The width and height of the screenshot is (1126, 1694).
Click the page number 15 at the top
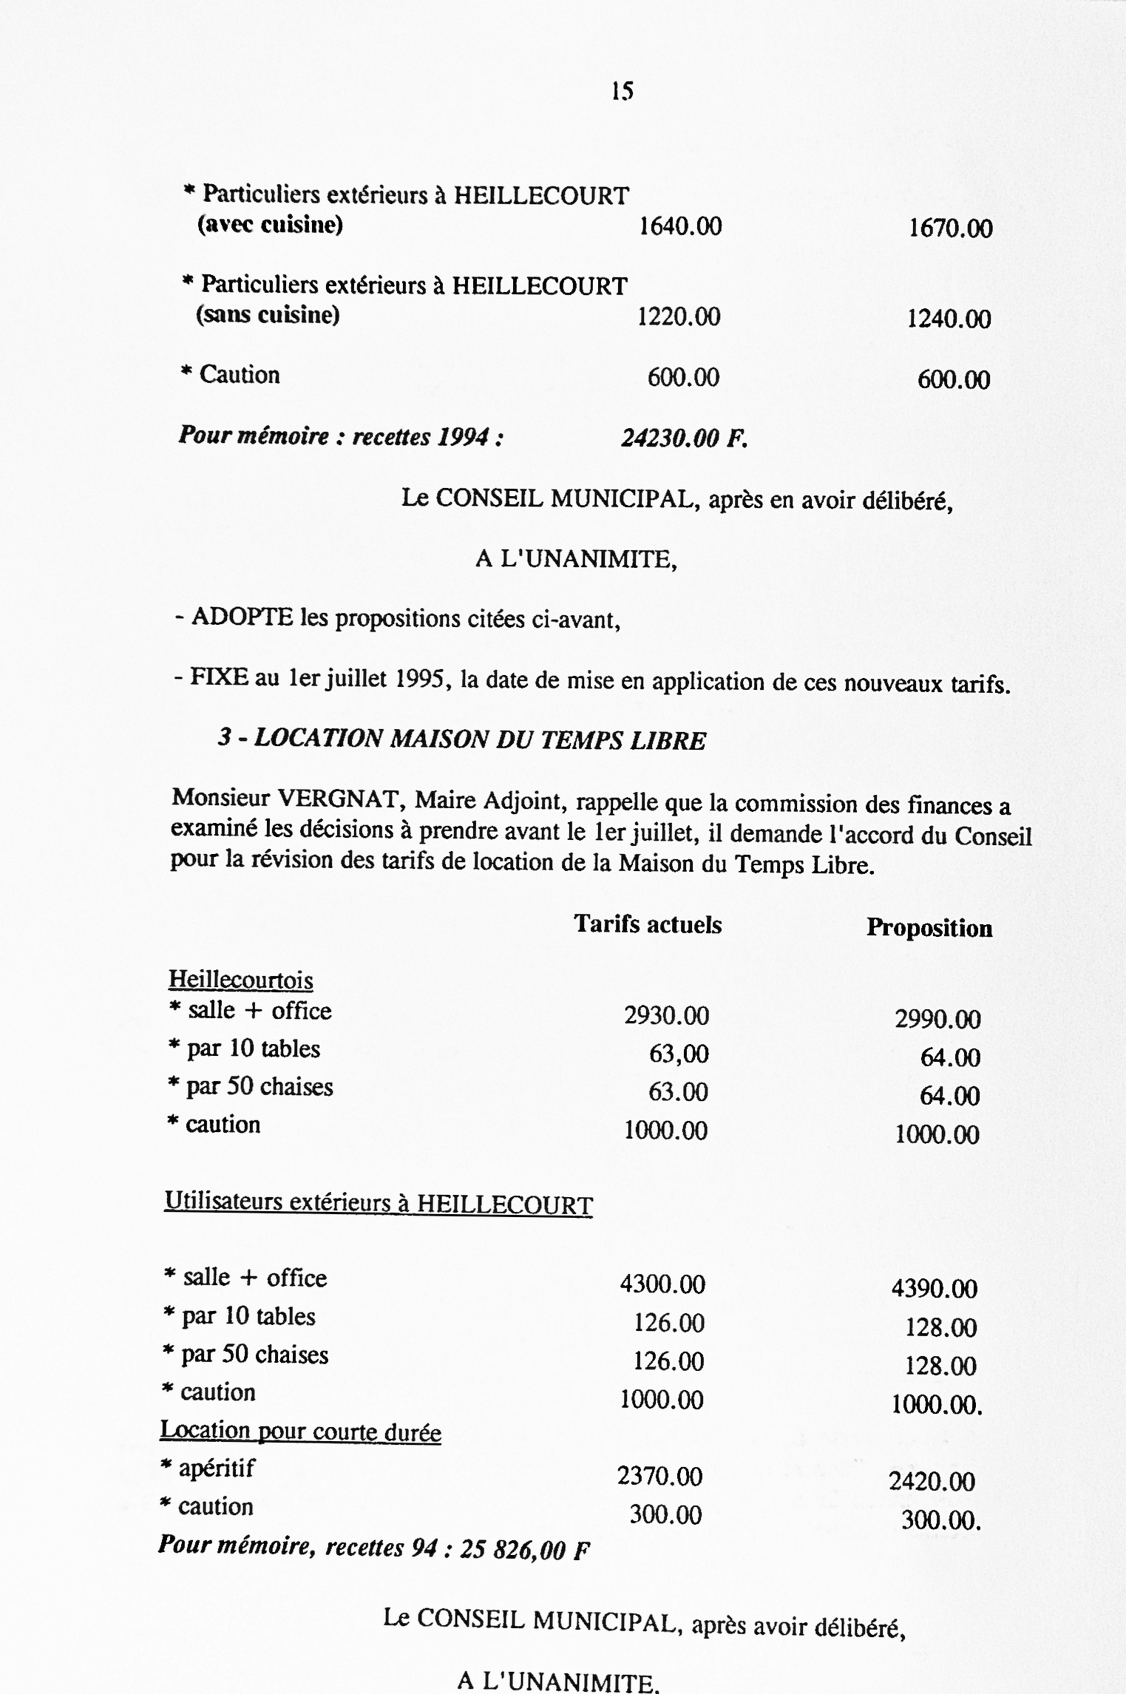point(623,91)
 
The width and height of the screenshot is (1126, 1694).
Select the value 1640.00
point(680,226)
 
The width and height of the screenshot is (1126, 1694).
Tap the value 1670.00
point(950,228)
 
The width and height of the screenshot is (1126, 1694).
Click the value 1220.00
point(679,317)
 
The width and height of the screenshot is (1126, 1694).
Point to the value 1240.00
point(949,319)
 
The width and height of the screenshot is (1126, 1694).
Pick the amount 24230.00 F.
point(684,438)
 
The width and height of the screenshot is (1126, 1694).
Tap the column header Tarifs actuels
point(648,925)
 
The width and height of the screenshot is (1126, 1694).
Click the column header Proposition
point(929,928)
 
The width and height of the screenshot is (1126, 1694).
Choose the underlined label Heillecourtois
point(241,980)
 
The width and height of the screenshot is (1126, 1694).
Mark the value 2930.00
point(666,1016)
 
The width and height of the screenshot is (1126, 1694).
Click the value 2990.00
point(937,1020)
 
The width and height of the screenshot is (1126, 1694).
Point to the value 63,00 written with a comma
point(679,1054)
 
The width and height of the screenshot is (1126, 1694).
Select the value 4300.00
point(662,1284)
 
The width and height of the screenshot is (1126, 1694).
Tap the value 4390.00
point(934,1289)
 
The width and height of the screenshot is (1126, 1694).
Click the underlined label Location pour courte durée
point(300,1432)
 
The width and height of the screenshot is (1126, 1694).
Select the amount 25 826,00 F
point(524,1550)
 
